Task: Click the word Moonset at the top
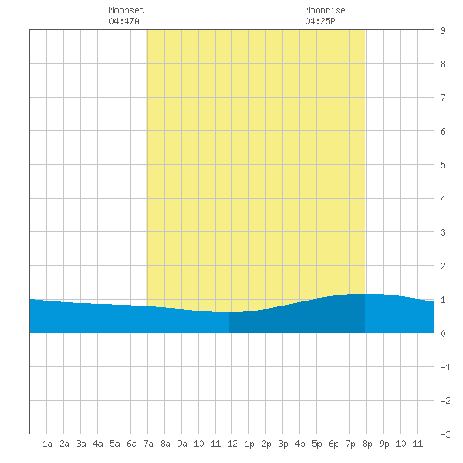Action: (126, 10)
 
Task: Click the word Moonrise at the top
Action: (325, 10)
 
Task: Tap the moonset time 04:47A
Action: (124, 21)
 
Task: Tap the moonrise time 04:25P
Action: (320, 21)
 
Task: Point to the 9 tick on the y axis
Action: (443, 30)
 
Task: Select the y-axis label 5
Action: (443, 165)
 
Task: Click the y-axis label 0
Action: (443, 333)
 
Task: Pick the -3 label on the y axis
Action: (445, 434)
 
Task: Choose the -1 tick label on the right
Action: (445, 367)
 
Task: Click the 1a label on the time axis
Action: (47, 444)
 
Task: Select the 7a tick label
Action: (148, 444)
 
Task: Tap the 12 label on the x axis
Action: (232, 444)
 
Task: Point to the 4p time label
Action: (300, 444)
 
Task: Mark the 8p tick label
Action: (367, 444)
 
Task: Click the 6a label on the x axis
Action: (131, 444)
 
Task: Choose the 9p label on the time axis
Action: (384, 444)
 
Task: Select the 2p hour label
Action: (266, 444)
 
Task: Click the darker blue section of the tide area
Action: (297, 319)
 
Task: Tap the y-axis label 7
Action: (443, 98)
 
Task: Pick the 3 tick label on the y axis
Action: (443, 232)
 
